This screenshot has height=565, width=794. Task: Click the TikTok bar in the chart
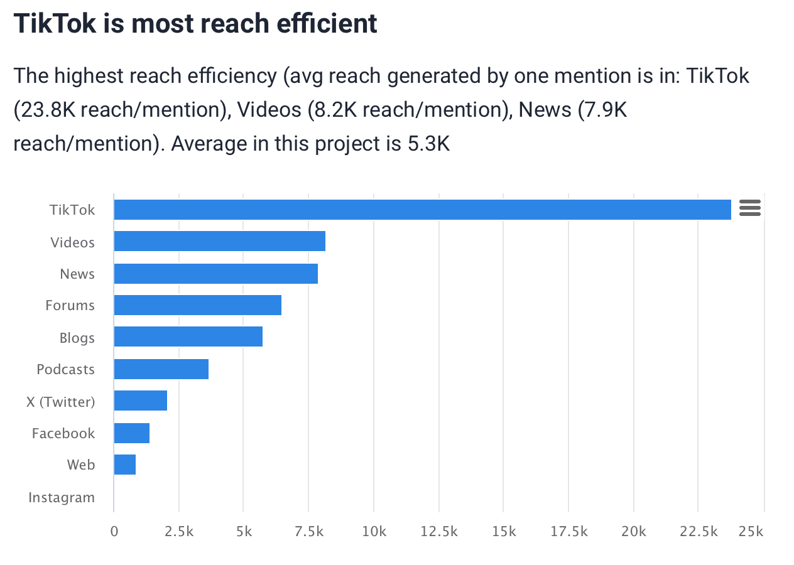coord(422,210)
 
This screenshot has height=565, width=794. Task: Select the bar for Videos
coord(219,242)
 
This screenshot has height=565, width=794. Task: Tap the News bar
coord(215,274)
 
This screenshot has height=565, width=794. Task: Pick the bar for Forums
coord(197,305)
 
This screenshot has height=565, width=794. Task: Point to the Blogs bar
coord(188,337)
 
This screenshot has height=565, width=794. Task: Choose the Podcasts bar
coord(161,369)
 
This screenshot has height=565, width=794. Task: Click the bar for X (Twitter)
coord(140,401)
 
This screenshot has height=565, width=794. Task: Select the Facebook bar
coord(131,433)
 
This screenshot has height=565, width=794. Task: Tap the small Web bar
coord(124,465)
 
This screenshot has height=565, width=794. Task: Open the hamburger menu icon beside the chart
coord(750,208)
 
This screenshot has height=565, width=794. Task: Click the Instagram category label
coord(62,498)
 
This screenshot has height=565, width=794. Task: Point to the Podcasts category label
coord(66,370)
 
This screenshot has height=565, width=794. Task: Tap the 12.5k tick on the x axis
coord(439,532)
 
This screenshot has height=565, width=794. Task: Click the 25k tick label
coord(751,532)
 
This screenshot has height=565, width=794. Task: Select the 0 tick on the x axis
coord(114,532)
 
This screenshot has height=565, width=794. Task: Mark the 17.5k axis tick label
coord(569,532)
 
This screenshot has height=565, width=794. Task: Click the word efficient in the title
coord(325,24)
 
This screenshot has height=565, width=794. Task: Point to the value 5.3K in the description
coord(428,144)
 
